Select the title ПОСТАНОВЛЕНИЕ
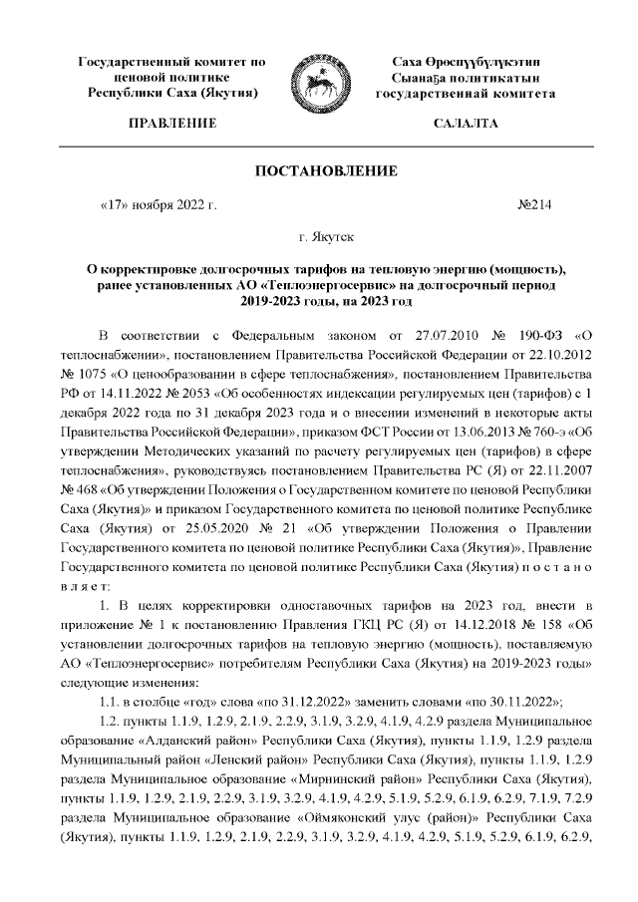tap(319, 171)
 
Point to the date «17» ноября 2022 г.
tap(159, 206)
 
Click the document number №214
tap(535, 206)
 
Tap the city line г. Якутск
tap(319, 239)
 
